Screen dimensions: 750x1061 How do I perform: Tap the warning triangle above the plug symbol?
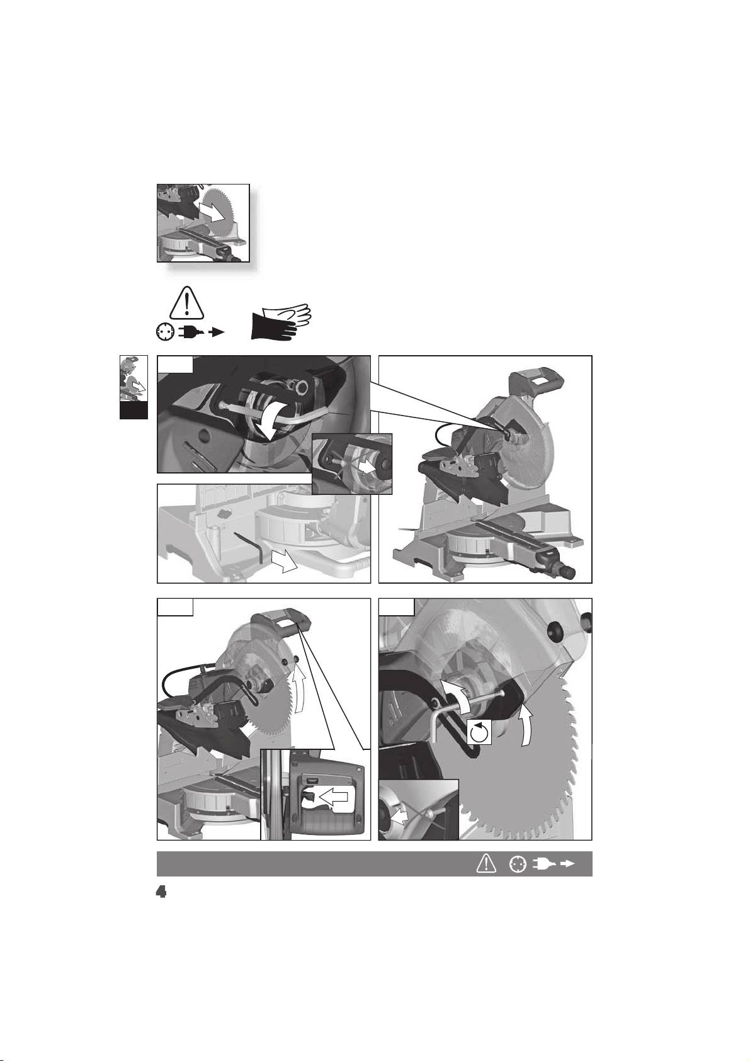(186, 302)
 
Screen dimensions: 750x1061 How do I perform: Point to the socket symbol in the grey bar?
(518, 865)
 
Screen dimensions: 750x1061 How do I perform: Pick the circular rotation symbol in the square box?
(479, 734)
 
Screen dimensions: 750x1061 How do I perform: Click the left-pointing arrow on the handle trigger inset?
(334, 798)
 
